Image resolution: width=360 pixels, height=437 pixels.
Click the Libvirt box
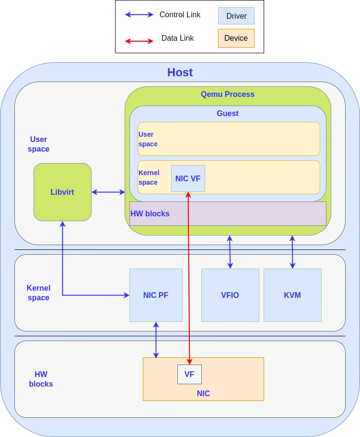(x=62, y=192)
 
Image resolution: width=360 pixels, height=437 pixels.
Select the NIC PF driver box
(x=156, y=295)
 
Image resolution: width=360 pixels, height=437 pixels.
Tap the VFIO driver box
(x=230, y=295)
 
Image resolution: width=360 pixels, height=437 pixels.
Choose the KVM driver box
(x=292, y=295)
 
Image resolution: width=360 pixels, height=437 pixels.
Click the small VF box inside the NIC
(x=189, y=374)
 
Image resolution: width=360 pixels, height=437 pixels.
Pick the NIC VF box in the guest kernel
(x=188, y=178)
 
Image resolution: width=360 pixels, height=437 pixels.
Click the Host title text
(x=180, y=72)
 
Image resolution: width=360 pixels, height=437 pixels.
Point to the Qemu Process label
(x=228, y=94)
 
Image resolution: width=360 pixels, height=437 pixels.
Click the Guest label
(x=228, y=113)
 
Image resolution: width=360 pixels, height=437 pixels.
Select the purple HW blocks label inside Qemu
(x=150, y=213)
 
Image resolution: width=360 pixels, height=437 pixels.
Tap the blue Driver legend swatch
(x=236, y=16)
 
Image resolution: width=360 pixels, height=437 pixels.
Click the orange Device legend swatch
(x=236, y=38)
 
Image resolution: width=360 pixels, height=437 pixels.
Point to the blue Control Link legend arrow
(x=139, y=15)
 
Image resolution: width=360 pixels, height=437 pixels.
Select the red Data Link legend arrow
(x=139, y=41)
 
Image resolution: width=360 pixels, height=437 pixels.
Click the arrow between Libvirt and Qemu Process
(x=108, y=192)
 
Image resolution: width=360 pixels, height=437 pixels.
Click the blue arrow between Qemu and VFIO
(x=230, y=252)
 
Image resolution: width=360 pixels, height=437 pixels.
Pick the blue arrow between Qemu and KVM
(x=292, y=252)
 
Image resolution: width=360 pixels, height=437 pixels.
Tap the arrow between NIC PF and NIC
(x=156, y=340)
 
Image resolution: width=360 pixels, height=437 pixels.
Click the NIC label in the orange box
(x=203, y=393)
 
